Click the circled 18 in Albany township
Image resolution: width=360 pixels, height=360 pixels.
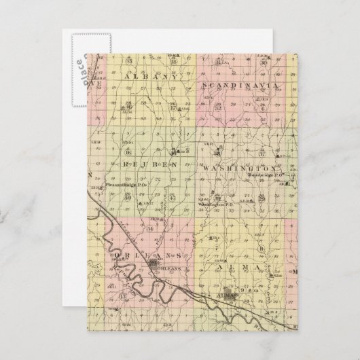click(x=155, y=62)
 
